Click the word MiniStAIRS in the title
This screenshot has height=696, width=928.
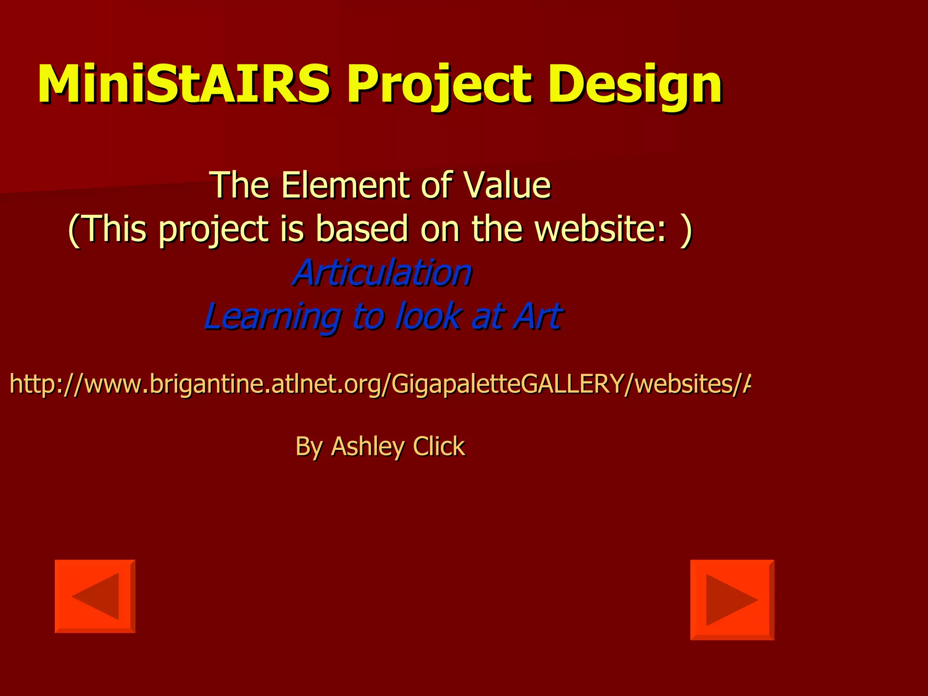coord(184,84)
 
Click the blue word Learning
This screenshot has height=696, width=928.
coord(272,316)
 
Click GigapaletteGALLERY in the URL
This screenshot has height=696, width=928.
coord(507,384)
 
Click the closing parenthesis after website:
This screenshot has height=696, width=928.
coord(686,229)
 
